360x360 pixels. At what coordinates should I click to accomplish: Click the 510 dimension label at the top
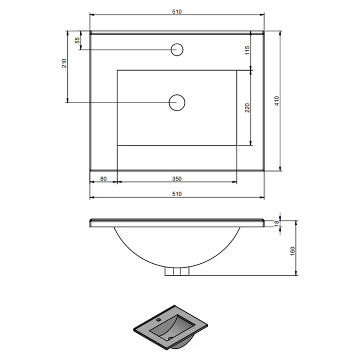[177, 12]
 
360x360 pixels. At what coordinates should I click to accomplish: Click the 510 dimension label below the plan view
[177, 194]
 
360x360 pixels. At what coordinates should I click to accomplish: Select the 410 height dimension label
[277, 101]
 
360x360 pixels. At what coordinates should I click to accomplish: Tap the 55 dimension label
[78, 40]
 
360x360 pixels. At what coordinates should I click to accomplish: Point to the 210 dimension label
[64, 63]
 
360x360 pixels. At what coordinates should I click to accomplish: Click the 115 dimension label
[247, 50]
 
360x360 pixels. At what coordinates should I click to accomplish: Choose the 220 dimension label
[247, 108]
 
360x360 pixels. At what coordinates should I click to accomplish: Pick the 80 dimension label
[103, 179]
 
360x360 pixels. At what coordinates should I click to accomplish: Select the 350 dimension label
[177, 179]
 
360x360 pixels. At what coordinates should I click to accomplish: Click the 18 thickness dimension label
[277, 223]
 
